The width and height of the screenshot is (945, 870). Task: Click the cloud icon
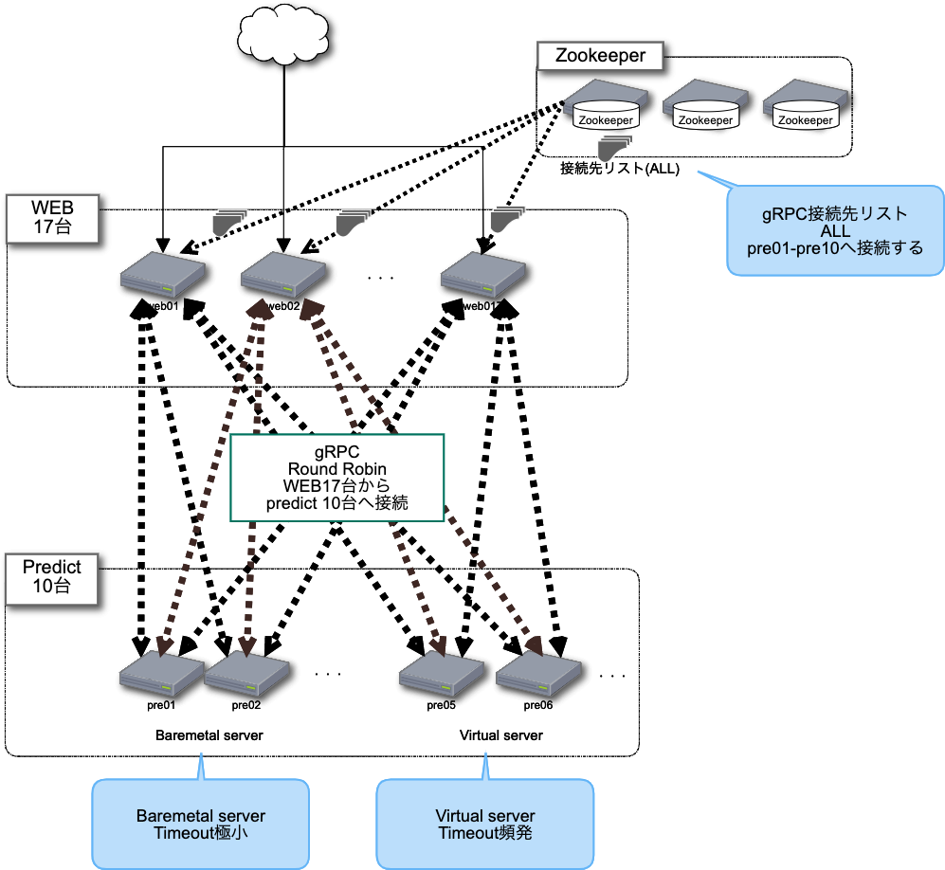tap(282, 34)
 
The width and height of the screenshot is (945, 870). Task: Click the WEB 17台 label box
tap(53, 217)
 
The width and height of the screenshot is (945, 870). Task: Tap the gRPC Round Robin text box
tap(338, 478)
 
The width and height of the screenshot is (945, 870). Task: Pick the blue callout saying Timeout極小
tap(200, 824)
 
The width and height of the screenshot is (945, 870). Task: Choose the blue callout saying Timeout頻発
tap(485, 824)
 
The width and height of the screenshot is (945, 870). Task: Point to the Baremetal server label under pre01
tap(209, 735)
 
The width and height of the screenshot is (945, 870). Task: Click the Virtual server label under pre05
tap(500, 735)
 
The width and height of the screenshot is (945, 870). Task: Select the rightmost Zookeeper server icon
tap(805, 107)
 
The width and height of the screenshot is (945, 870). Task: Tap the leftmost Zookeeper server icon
tap(606, 107)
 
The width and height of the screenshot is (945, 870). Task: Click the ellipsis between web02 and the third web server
tap(378, 278)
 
